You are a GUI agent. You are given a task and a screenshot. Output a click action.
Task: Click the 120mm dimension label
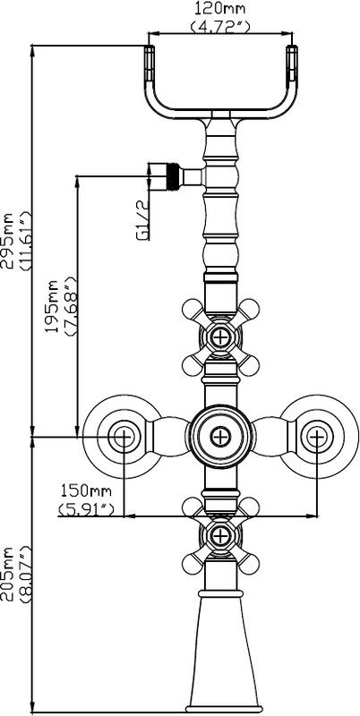[220, 8]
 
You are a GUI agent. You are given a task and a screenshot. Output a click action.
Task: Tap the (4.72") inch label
[220, 26]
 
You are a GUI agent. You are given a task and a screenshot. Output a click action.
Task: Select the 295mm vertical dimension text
[8, 240]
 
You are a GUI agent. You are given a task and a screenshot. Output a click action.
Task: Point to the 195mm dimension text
[54, 306]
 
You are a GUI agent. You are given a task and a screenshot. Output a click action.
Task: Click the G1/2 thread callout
[143, 221]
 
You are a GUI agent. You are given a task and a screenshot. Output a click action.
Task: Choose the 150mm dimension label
[86, 490]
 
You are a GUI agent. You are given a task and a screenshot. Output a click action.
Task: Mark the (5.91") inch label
[86, 507]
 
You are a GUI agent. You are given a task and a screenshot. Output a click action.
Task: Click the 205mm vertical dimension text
[8, 574]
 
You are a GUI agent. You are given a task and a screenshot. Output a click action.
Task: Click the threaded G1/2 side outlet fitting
[175, 176]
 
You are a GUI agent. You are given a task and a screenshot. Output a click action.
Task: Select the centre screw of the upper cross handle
[220, 337]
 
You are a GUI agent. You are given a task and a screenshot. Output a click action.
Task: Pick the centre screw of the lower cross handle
[220, 535]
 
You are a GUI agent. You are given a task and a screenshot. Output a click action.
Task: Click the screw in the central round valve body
[220, 437]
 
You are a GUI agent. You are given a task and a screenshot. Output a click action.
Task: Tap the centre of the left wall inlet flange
[123, 437]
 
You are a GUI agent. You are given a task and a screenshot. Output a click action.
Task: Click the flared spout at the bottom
[221, 654]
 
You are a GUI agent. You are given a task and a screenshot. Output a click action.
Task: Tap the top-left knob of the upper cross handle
[192, 309]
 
